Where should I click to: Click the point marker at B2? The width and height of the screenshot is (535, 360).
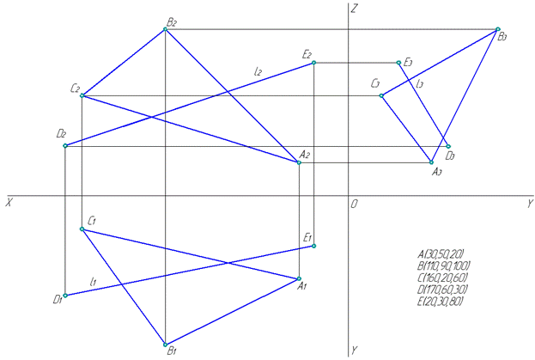point(165,30)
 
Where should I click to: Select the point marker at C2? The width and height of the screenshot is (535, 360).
point(82,95)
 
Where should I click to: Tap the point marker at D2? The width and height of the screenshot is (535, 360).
point(65,146)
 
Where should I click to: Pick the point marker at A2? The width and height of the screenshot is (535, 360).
point(299,162)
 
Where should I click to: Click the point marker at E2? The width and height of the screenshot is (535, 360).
point(314,63)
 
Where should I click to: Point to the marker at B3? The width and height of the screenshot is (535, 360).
point(497,30)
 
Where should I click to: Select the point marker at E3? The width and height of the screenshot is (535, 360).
point(399,63)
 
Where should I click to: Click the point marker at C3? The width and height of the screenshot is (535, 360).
point(382,95)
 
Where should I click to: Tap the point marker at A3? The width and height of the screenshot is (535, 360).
point(432,162)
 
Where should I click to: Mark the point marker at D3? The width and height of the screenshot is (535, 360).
point(448,146)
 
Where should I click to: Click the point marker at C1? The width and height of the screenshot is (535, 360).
point(82,229)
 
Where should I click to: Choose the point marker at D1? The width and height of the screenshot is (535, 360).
point(65,296)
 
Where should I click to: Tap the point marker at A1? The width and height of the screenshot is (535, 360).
point(299,278)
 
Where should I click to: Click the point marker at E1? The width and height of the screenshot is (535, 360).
point(314,246)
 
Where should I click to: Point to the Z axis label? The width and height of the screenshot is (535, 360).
point(354,8)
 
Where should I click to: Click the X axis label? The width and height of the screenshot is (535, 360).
point(8,203)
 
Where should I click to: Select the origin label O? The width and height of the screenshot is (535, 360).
point(353,204)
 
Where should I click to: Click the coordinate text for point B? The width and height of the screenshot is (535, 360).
point(442,265)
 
